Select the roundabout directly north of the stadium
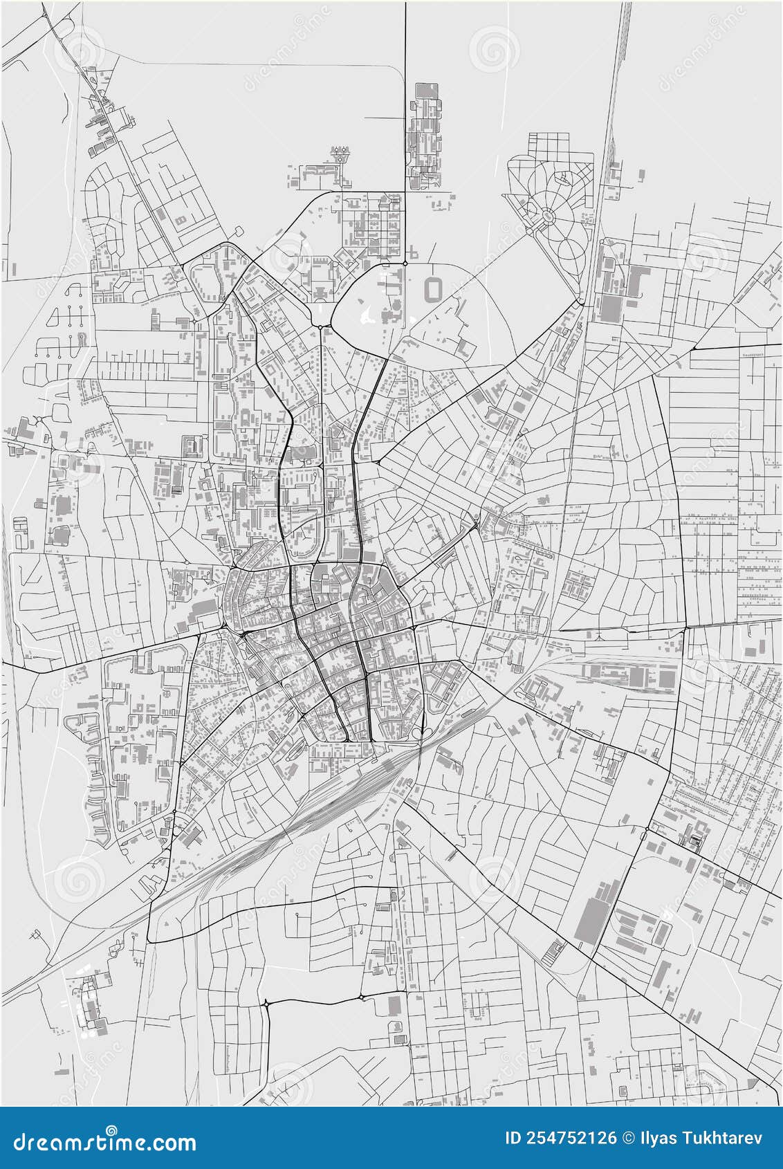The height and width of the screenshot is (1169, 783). pyautogui.click(x=405, y=263)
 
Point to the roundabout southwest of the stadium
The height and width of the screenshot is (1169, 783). pyautogui.click(x=320, y=326)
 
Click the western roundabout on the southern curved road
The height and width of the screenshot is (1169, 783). pyautogui.click(x=266, y=1002)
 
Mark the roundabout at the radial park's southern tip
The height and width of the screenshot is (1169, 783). pyautogui.click(x=580, y=302)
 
